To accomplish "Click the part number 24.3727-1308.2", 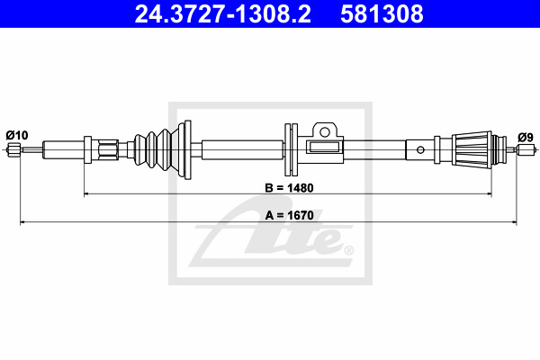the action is click(x=222, y=14).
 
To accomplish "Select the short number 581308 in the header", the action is click(x=382, y=14).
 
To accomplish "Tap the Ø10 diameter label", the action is click(x=17, y=135).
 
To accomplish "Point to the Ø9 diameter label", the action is click(x=526, y=138).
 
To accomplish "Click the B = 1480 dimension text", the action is click(x=289, y=188).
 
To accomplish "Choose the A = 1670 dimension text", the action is click(x=289, y=215).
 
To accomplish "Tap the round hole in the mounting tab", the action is click(x=324, y=131).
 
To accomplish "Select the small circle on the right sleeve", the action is click(x=420, y=150).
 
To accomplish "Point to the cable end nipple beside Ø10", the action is click(x=14, y=150).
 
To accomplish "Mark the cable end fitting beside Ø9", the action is click(x=526, y=150).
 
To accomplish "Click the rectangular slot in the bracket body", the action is click(x=324, y=147).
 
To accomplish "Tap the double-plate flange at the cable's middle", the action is click(x=291, y=150).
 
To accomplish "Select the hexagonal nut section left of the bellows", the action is click(x=108, y=150).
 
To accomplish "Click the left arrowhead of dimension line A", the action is click(x=23, y=222).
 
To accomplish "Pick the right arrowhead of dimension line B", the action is click(x=488, y=194).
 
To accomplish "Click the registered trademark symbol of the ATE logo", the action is click(x=348, y=250).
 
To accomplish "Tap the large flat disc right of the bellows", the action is click(x=187, y=150).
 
